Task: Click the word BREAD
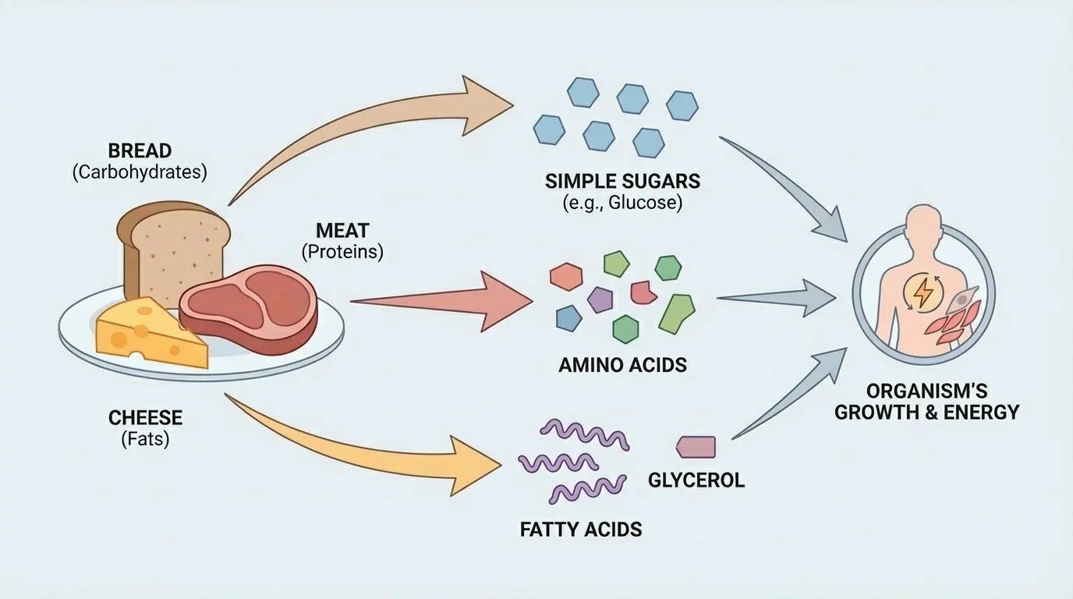pyautogui.click(x=140, y=150)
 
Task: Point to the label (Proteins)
pyautogui.click(x=342, y=252)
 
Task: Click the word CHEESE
pyautogui.click(x=145, y=418)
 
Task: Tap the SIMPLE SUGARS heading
pyautogui.click(x=622, y=182)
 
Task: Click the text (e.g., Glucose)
pyautogui.click(x=622, y=204)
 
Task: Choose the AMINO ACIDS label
pyautogui.click(x=622, y=364)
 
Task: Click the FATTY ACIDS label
pyautogui.click(x=581, y=530)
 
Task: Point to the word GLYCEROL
pyautogui.click(x=696, y=480)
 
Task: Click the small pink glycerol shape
pyautogui.click(x=695, y=446)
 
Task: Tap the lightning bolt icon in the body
pyautogui.click(x=922, y=292)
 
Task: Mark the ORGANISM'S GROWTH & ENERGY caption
pyautogui.click(x=926, y=402)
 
